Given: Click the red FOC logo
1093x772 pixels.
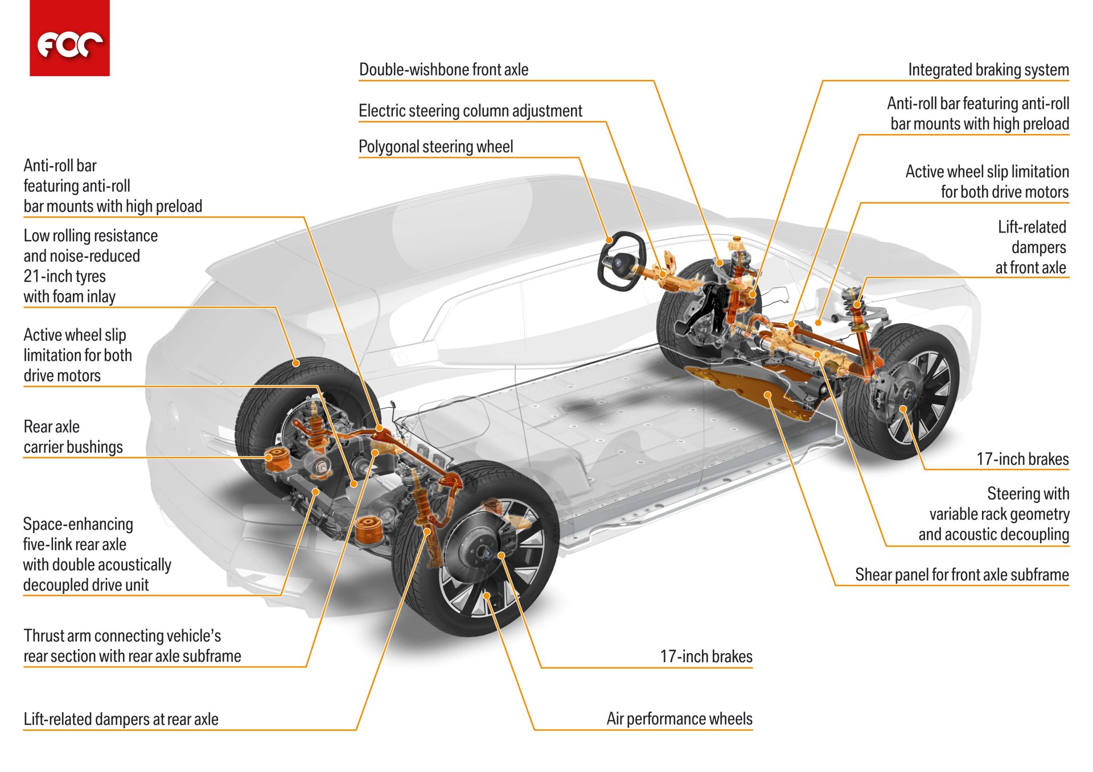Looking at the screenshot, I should tap(69, 38).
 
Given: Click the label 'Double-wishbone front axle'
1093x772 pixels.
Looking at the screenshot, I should tap(443, 69).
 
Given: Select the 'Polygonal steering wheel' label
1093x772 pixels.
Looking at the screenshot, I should tap(435, 147).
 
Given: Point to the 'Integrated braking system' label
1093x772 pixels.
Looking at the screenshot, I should tap(988, 69).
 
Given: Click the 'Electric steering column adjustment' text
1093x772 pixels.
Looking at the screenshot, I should tap(470, 110).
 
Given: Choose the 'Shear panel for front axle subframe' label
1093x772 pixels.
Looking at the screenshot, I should tap(961, 575).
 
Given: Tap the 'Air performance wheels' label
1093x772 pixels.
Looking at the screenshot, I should tap(679, 719).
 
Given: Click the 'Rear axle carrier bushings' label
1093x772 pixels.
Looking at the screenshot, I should tap(73, 437).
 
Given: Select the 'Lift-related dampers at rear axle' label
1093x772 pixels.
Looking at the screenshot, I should tap(121, 719).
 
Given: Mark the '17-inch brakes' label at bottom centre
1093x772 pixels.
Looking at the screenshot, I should tap(706, 657).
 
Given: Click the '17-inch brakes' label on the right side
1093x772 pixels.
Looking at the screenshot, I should tap(1022, 459).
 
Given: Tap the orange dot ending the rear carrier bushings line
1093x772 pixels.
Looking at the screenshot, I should tap(269, 457).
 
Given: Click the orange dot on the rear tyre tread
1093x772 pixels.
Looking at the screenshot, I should tap(296, 363).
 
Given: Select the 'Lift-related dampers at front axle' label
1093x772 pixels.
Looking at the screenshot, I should tap(1031, 247).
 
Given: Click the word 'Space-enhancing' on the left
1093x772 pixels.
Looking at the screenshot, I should tap(78, 524).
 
